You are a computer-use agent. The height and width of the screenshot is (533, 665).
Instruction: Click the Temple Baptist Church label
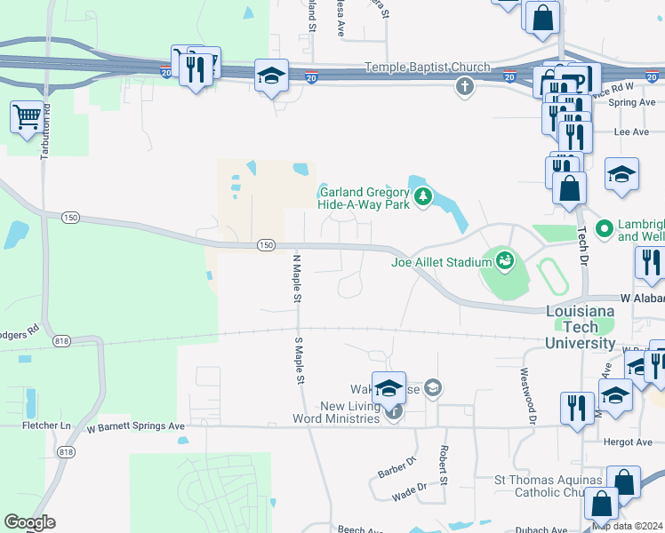click(429, 68)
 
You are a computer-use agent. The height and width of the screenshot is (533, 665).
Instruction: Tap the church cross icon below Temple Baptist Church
click(463, 86)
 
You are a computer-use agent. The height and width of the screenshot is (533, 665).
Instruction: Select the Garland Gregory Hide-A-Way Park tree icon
click(423, 196)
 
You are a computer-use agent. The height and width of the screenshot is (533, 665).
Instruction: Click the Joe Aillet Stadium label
click(441, 262)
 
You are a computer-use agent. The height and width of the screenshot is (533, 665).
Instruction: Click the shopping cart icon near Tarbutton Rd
click(27, 115)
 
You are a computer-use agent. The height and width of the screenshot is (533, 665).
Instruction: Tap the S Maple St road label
click(300, 359)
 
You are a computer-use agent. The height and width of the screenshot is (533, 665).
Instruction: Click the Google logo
click(29, 522)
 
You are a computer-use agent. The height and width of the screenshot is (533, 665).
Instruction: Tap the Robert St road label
click(440, 459)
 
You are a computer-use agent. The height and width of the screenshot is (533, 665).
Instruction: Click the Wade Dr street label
click(409, 487)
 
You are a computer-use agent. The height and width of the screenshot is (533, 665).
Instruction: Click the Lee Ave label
click(632, 131)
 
